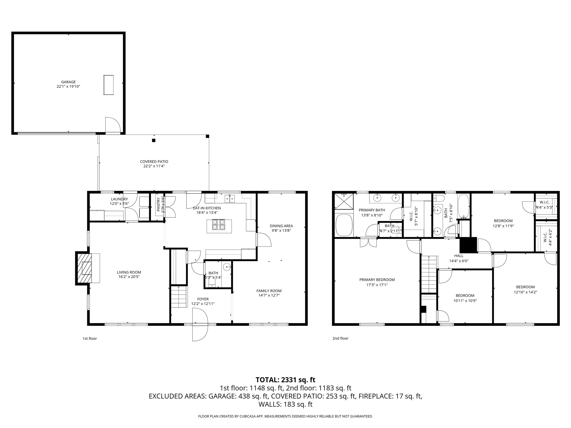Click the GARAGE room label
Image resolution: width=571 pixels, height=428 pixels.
click(x=68, y=82)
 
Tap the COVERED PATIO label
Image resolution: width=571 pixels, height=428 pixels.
click(x=154, y=162)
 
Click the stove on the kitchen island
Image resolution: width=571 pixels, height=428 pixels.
click(x=219, y=225)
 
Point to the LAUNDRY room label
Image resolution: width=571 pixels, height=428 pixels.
click(x=119, y=199)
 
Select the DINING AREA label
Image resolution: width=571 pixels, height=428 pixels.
click(x=281, y=226)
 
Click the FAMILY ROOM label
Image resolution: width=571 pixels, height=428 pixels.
click(x=269, y=291)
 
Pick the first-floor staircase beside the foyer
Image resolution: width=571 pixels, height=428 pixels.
click(x=178, y=296)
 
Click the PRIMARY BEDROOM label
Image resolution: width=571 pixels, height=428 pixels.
click(x=377, y=280)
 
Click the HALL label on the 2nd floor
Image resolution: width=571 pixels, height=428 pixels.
click(x=459, y=256)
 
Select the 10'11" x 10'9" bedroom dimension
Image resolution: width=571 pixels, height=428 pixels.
click(x=465, y=301)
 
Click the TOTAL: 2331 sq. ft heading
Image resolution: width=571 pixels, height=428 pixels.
click(x=285, y=380)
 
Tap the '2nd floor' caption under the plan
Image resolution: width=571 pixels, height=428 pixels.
click(x=340, y=339)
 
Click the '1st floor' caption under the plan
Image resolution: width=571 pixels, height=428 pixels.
click(x=89, y=339)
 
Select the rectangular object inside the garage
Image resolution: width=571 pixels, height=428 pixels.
click(x=108, y=85)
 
